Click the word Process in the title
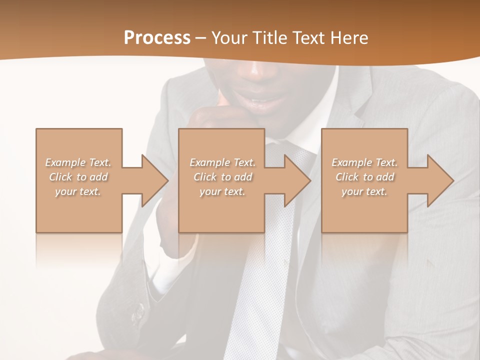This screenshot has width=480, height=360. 157,38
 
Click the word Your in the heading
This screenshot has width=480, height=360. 229,38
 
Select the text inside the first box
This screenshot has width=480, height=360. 78,177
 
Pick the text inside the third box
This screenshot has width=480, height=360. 364,177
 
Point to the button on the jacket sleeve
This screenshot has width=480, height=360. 138,313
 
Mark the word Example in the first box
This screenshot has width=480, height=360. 65,162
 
